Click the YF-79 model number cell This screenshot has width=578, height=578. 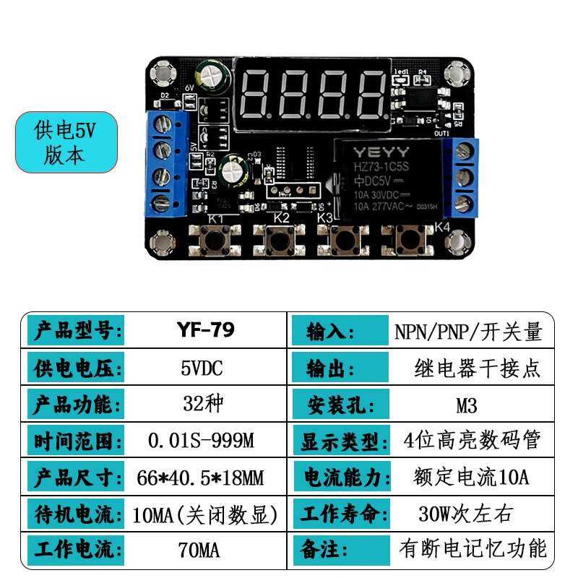click(205, 331)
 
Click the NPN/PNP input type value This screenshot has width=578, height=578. click(467, 332)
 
